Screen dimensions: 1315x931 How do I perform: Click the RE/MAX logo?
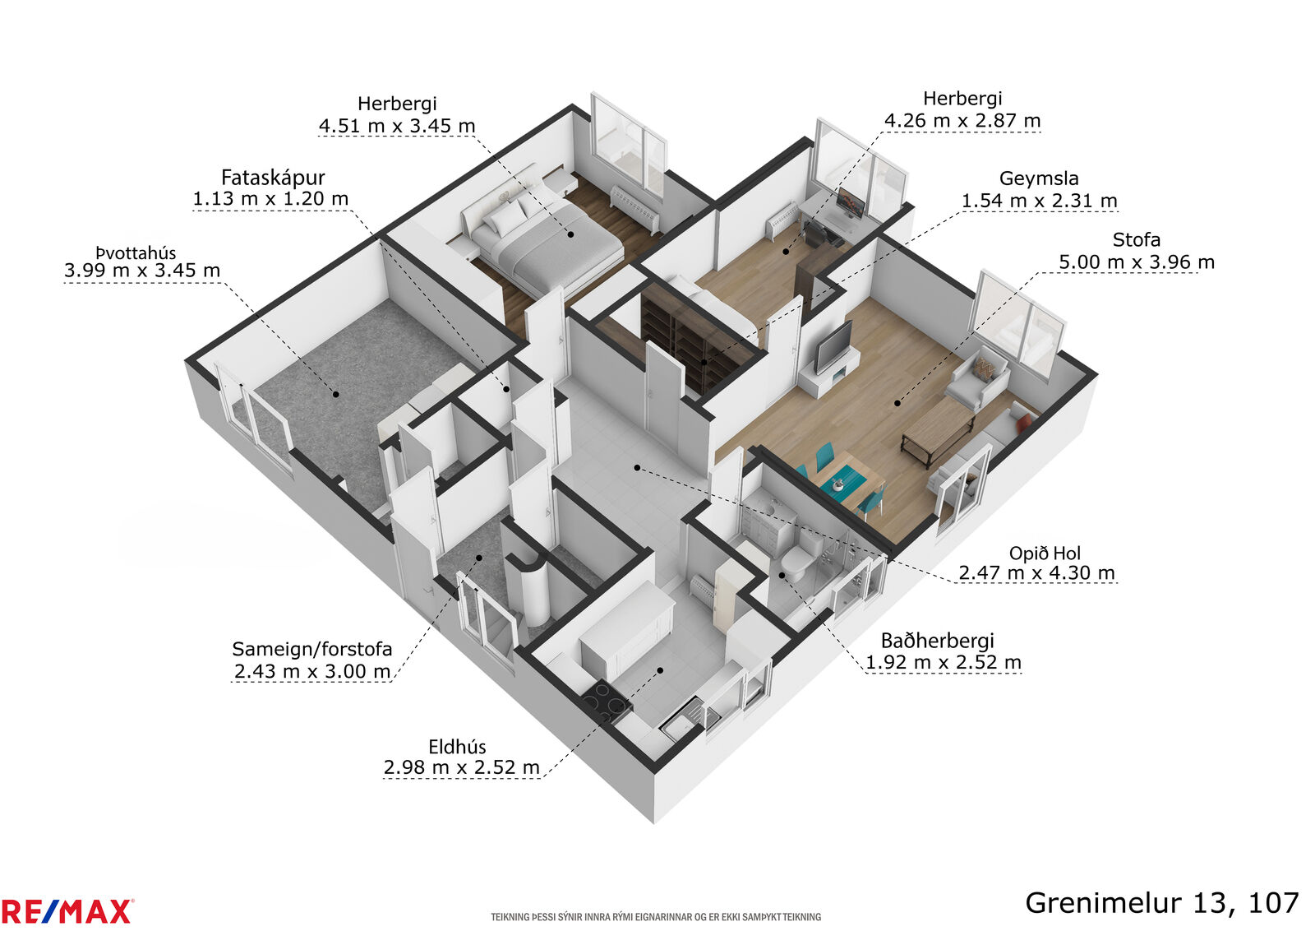pos(67,911)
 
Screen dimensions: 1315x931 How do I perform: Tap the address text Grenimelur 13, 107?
pos(1162,903)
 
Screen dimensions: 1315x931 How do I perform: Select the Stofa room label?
pos(1136,239)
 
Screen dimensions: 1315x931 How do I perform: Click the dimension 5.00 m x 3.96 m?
pos(1136,262)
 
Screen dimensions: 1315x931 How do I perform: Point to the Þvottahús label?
pos(136,253)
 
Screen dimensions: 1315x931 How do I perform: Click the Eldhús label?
pos(457,747)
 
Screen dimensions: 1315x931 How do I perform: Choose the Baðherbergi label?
pos(938,640)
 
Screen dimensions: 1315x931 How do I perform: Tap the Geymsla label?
pos(1039,178)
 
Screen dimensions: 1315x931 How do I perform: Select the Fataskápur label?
pos(273,178)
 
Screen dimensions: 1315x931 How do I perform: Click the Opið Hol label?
pos(1045,554)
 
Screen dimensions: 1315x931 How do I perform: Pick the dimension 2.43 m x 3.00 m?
pos(312,671)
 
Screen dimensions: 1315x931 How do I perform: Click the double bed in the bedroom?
pos(543,235)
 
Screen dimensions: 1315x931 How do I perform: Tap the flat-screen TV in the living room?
pos(833,347)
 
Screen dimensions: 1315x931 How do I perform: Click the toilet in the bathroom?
pos(801,556)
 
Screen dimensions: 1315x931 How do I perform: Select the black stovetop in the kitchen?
pos(607,702)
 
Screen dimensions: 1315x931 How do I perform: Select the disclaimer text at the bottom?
pos(656,917)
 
